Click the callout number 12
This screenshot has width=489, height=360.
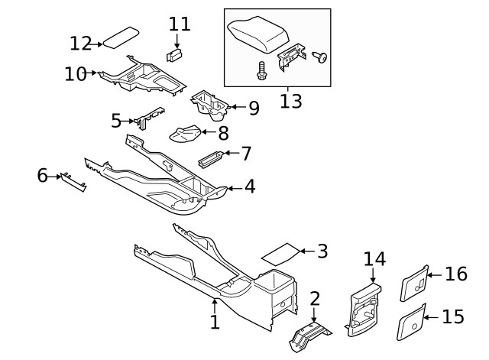pos(80,43)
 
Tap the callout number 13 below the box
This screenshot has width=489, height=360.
pos(290,102)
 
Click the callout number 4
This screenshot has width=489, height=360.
pos(249,186)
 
